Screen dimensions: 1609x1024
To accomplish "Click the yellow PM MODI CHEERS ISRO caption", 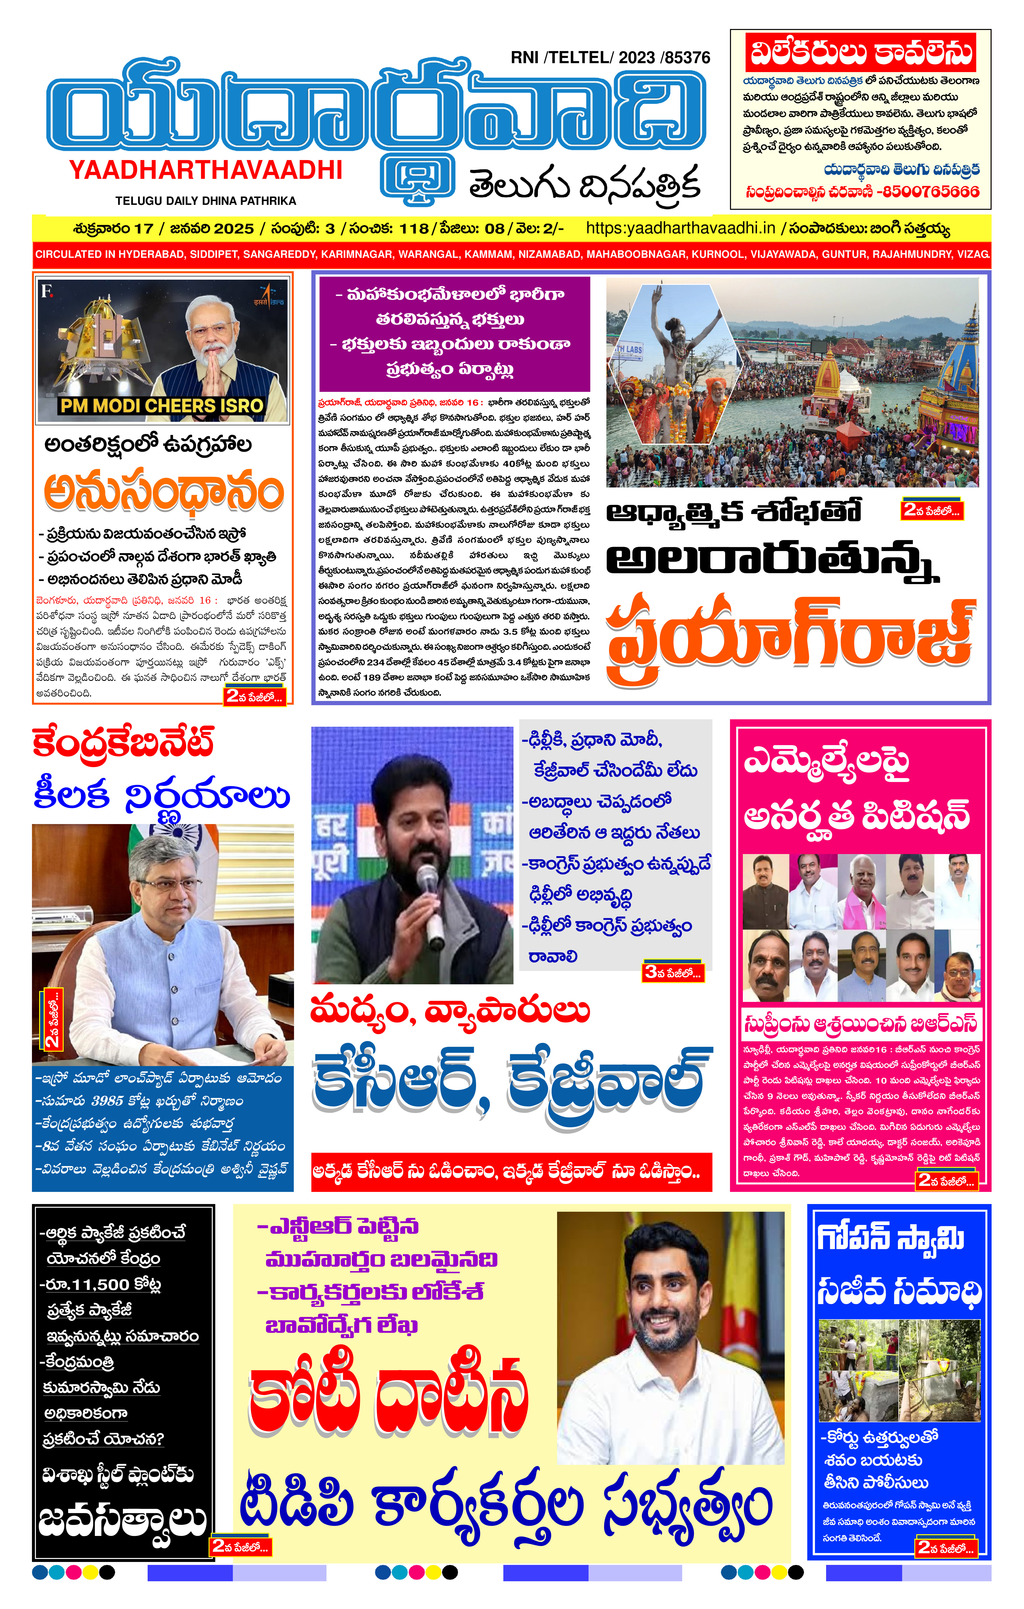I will click(x=162, y=405).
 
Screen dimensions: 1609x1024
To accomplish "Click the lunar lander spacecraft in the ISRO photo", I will click(x=94, y=341).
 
